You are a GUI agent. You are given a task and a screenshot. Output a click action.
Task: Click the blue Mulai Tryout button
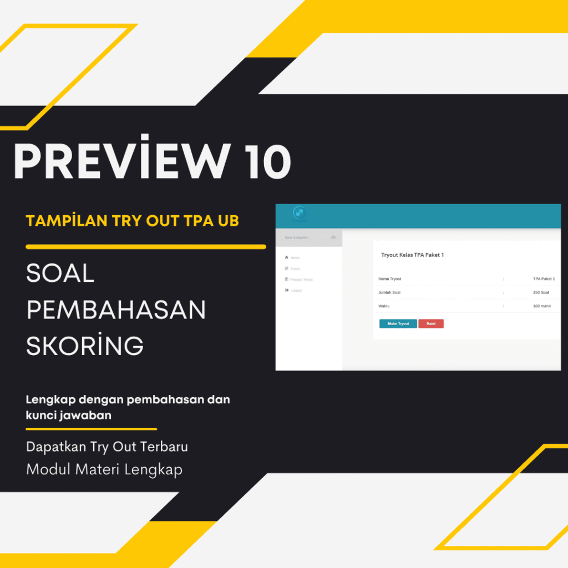[x=398, y=323]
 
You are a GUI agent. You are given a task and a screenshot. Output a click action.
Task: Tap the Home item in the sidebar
[x=295, y=258]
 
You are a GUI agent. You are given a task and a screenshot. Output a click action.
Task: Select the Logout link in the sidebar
[x=296, y=291]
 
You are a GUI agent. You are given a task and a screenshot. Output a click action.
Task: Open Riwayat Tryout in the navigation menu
[x=301, y=280]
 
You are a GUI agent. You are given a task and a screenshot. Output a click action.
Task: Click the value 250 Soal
[x=541, y=292]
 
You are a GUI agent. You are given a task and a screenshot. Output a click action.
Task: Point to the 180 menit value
[x=541, y=306]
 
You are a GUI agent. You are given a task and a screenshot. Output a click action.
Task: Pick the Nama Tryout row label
[x=389, y=279]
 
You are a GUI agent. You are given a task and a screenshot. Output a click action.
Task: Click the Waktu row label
[x=384, y=306]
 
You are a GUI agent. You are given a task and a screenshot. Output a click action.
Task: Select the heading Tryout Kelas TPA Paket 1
[x=412, y=255]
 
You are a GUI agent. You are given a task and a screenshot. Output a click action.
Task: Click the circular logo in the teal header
[x=300, y=213]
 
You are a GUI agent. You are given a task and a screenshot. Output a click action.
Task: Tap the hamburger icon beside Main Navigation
[x=333, y=237]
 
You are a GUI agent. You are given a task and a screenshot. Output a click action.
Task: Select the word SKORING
[x=85, y=346]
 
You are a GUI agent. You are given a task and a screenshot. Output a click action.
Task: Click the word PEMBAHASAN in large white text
[x=116, y=310]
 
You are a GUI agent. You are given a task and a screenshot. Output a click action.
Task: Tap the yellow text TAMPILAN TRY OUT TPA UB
[x=133, y=221]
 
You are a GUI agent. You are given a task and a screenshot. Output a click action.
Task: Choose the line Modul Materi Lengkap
[x=104, y=469]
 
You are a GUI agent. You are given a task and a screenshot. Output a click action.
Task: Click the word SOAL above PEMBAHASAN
[x=60, y=274]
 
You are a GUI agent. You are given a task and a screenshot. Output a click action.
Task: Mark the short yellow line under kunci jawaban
[x=92, y=429]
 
